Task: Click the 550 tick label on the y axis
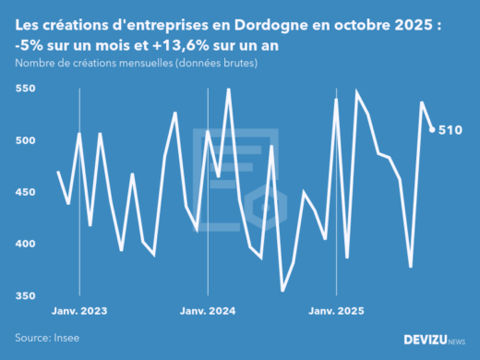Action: [x=25, y=89]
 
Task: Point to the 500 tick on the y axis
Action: [x=25, y=140]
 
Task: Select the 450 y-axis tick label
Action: [x=25, y=192]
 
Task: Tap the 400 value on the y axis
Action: [x=25, y=244]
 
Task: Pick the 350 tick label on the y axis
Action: [x=25, y=295]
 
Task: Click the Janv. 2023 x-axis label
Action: [x=79, y=312]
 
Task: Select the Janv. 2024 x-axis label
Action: [x=208, y=312]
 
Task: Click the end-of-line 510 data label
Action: [x=450, y=130]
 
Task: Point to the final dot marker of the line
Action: [x=433, y=129]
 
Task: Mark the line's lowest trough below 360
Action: [x=282, y=291]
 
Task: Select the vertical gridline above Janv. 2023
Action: [x=79, y=185]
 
